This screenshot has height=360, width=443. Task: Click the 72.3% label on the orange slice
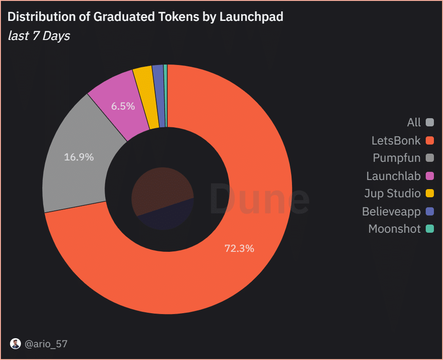pyautogui.click(x=239, y=249)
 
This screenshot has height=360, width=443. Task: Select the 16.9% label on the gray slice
pyautogui.click(x=79, y=157)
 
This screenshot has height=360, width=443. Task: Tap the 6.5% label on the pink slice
pyautogui.click(x=123, y=106)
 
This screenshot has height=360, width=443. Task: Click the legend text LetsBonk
pyautogui.click(x=396, y=140)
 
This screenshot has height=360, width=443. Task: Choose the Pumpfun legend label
pyautogui.click(x=397, y=158)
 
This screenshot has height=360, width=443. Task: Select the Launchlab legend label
pyautogui.click(x=393, y=175)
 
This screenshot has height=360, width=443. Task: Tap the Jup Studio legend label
pyautogui.click(x=393, y=193)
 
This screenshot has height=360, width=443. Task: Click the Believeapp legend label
pyautogui.click(x=391, y=211)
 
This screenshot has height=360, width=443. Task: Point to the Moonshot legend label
pyautogui.click(x=394, y=229)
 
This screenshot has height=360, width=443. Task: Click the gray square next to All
pyautogui.click(x=430, y=122)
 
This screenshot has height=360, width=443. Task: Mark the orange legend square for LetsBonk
pyautogui.click(x=430, y=140)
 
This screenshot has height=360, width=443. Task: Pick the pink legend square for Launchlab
pyautogui.click(x=430, y=175)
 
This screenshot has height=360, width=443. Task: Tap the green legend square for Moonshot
pyautogui.click(x=430, y=229)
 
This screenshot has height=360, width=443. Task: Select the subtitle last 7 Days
pyautogui.click(x=39, y=36)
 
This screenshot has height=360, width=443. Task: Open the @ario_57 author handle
pyautogui.click(x=45, y=344)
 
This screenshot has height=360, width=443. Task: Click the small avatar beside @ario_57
pyautogui.click(x=15, y=344)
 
